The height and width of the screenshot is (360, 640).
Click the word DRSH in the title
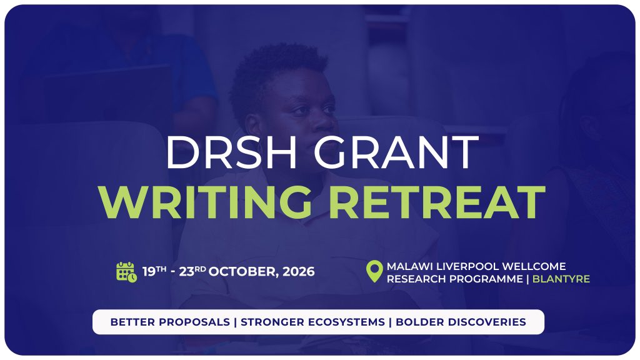pyautogui.click(x=231, y=152)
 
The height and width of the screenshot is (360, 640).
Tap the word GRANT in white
pyautogui.click(x=396, y=152)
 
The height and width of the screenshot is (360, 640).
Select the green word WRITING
pyautogui.click(x=205, y=202)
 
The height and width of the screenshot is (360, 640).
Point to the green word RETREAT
pyautogui.click(x=437, y=202)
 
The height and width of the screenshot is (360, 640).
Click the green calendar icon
pyautogui.click(x=126, y=272)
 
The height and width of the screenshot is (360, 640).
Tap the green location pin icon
pyautogui.click(x=374, y=271)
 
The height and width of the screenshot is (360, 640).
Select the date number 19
pyautogui.click(x=149, y=272)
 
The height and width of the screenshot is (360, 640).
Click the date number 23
pyautogui.click(x=186, y=272)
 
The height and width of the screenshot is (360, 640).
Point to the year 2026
pyautogui.click(x=299, y=272)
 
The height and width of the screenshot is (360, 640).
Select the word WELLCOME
pyautogui.click(x=534, y=266)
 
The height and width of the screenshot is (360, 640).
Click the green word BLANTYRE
pyautogui.click(x=561, y=279)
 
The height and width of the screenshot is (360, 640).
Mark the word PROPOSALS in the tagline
pyautogui.click(x=194, y=322)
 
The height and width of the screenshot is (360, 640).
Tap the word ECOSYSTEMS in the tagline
pyautogui.click(x=346, y=322)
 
